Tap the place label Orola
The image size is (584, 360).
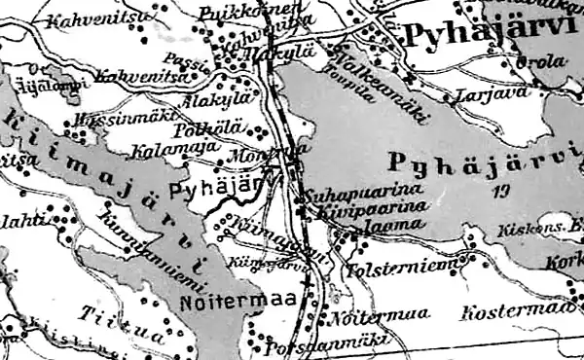[x=548, y=61]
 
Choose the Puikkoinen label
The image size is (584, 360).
[x=232, y=12]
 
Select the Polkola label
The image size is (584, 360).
[x=201, y=129]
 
